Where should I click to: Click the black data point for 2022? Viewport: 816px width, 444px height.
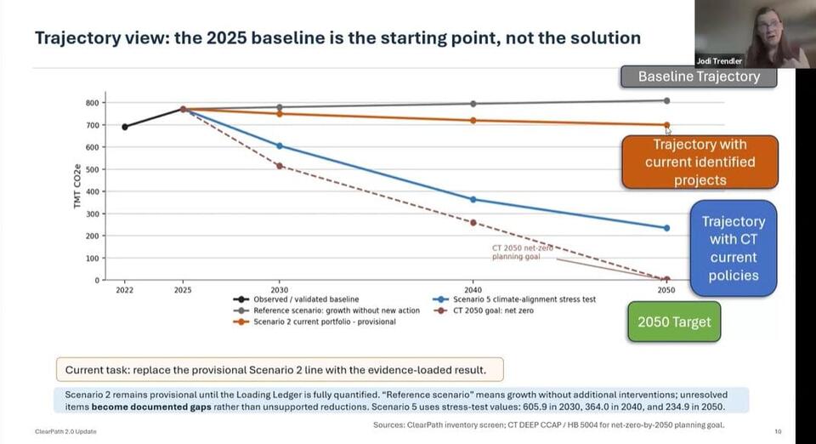pyautogui.click(x=125, y=127)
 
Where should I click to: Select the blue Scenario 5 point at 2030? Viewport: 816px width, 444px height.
pyautogui.click(x=280, y=145)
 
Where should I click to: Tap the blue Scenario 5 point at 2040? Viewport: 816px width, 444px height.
pyautogui.click(x=473, y=199)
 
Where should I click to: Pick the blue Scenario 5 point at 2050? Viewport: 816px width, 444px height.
pyautogui.click(x=666, y=228)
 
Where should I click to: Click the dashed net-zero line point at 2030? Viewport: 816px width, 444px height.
pyautogui.click(x=280, y=166)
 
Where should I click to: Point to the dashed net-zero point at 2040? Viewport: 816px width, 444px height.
pyautogui.click(x=473, y=223)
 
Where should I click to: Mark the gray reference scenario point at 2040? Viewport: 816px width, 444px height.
pyautogui.click(x=473, y=104)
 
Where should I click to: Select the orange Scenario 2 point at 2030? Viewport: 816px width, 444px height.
pyautogui.click(x=280, y=114)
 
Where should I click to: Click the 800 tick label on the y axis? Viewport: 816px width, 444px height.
pyautogui.click(x=92, y=103)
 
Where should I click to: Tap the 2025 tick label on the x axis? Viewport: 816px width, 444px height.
pyautogui.click(x=183, y=290)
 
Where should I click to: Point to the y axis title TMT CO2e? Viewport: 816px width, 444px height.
pyautogui.click(x=77, y=185)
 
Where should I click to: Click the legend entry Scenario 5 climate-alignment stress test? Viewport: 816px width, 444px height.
pyautogui.click(x=514, y=299)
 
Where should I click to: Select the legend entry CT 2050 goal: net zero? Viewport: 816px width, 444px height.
pyautogui.click(x=483, y=310)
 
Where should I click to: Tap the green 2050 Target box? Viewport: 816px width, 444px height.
pyautogui.click(x=674, y=322)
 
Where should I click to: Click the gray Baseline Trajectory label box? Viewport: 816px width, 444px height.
pyautogui.click(x=699, y=77)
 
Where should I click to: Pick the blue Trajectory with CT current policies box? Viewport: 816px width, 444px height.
pyautogui.click(x=734, y=248)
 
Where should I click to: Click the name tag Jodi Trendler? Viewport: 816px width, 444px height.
pyautogui.click(x=719, y=61)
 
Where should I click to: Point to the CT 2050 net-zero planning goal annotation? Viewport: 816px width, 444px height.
pyautogui.click(x=522, y=253)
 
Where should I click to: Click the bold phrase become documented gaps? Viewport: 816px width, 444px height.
pyautogui.click(x=151, y=407)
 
